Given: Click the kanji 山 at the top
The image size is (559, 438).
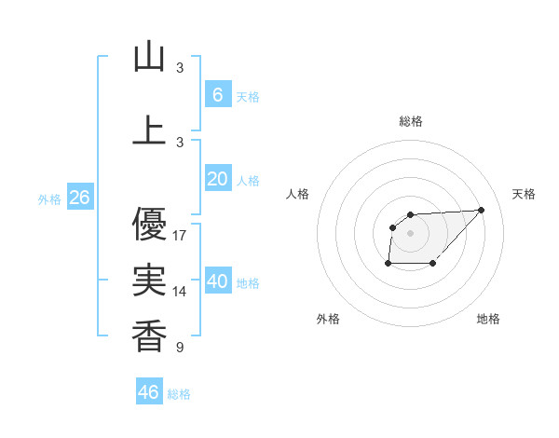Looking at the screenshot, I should point(149,58).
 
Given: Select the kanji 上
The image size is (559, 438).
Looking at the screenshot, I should point(149,130).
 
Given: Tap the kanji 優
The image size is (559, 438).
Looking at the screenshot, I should point(149,225).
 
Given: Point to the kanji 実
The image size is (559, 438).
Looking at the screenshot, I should point(149,281).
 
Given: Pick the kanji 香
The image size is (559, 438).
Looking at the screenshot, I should point(149,335).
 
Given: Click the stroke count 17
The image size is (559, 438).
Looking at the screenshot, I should point(180,236).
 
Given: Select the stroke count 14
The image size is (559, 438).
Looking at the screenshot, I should point(180,292).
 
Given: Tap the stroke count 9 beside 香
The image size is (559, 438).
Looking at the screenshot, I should point(180,348).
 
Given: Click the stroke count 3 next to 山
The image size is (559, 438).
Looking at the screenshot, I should point(180,68).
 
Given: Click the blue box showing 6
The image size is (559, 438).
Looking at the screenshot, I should point(217,95).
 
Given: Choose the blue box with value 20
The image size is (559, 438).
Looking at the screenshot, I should point(217,179).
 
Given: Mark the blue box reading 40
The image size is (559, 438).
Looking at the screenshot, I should point(217,281).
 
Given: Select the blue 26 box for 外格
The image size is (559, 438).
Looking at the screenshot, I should point(79,198).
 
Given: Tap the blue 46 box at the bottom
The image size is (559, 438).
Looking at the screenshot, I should point(149,392).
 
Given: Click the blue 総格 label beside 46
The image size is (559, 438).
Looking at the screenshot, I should point(179,394).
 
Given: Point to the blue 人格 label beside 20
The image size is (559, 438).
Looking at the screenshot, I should point(248,180).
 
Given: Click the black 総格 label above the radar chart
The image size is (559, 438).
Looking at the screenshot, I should point(410,121).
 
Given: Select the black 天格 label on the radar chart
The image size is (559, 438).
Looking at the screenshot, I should point(524,194).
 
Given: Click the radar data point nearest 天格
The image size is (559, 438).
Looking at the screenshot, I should point(481,210).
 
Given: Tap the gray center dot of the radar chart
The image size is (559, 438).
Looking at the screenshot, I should point(410,232).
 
